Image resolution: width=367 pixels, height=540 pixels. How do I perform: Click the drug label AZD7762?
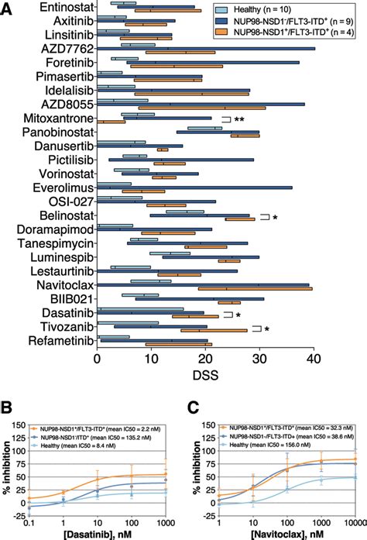(67, 50)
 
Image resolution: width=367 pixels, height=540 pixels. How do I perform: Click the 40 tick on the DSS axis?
(313, 359)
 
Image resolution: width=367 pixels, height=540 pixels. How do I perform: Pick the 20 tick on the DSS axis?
(204, 359)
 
